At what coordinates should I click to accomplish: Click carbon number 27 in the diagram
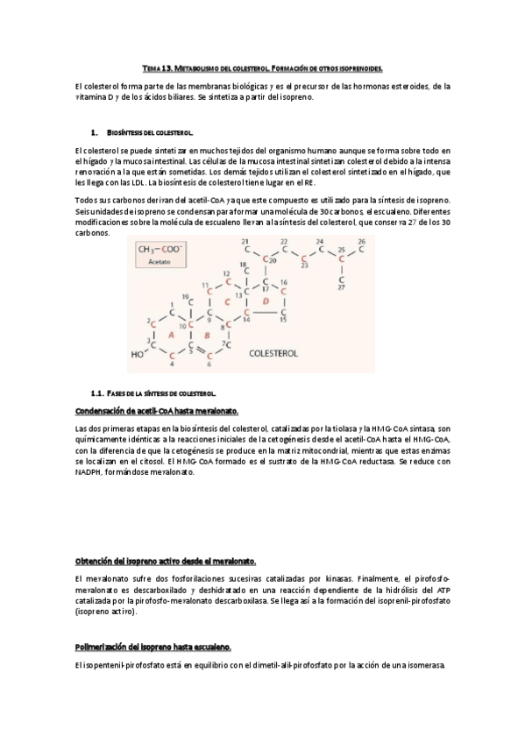point(341,287)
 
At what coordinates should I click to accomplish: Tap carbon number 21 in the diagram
point(245,241)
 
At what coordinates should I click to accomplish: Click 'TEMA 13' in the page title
point(158,67)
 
